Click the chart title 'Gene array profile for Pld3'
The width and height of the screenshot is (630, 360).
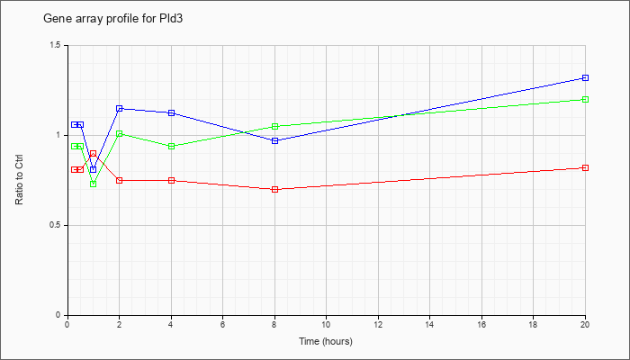click(x=113, y=19)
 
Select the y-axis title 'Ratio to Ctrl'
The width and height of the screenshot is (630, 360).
click(x=19, y=179)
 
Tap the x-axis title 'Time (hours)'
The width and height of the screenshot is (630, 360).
click(x=326, y=341)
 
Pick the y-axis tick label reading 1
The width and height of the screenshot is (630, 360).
click(x=60, y=135)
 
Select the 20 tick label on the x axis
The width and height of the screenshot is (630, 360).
click(x=585, y=324)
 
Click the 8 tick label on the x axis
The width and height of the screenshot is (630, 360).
click(x=274, y=324)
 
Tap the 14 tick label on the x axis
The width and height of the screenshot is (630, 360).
click(x=429, y=324)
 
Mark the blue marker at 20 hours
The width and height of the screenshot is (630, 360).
click(x=585, y=77)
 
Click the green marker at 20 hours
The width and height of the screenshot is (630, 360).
click(x=585, y=99)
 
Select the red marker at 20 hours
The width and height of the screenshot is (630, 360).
click(x=585, y=167)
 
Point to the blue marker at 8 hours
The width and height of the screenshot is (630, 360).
click(x=274, y=140)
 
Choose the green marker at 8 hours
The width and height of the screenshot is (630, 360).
click(x=274, y=126)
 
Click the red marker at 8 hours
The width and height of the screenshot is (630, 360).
click(x=274, y=189)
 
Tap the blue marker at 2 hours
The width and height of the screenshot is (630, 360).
click(x=120, y=109)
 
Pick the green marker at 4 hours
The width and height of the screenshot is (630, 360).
click(x=171, y=146)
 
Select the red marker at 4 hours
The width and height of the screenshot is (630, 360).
click(x=171, y=180)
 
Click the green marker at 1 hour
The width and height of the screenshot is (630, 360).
click(x=94, y=184)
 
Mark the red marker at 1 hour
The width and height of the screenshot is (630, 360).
click(x=94, y=154)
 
